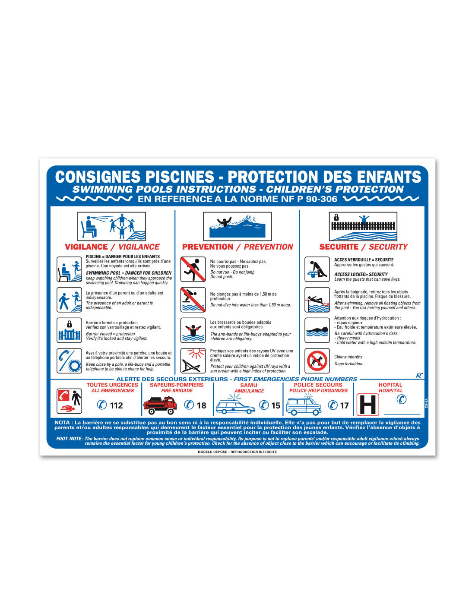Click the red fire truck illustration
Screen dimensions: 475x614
[x=160, y=405]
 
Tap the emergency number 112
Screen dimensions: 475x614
[x=116, y=405]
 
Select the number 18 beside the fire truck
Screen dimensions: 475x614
[x=201, y=405]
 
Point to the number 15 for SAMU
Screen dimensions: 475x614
[x=275, y=405]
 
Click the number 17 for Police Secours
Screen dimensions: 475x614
[x=344, y=405]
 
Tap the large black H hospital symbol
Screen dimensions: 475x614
[x=367, y=405]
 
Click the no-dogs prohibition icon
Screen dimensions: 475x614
[x=317, y=361]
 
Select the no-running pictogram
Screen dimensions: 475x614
[x=193, y=269]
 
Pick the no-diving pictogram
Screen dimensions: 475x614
[x=193, y=300]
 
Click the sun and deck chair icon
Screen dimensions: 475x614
[x=193, y=361]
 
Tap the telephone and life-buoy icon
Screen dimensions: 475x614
[x=69, y=361]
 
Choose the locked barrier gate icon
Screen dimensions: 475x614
[x=69, y=330]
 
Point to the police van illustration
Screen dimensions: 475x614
[x=304, y=405]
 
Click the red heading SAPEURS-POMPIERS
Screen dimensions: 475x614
[x=177, y=385]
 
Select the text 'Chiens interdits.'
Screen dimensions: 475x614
[x=348, y=357]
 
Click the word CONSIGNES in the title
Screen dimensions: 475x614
[x=98, y=177]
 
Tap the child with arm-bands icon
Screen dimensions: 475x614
[x=193, y=330]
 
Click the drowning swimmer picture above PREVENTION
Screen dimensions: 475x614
[x=237, y=226]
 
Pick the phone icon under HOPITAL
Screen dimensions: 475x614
[x=401, y=399]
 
